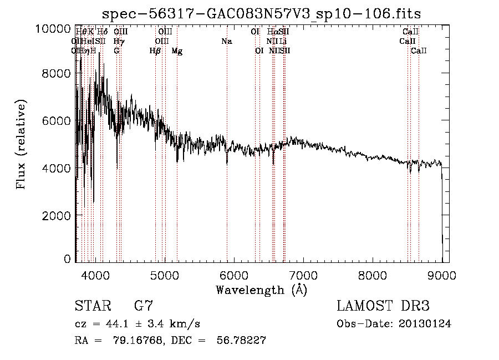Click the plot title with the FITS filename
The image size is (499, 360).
pyautogui.click(x=262, y=13)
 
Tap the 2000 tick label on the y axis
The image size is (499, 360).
pyautogui.click(x=57, y=215)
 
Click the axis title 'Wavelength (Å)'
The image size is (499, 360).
pyautogui.click(x=261, y=290)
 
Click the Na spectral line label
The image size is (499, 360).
pyautogui.click(x=226, y=42)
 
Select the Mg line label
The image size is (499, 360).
pyautogui.click(x=177, y=51)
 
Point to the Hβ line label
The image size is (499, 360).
pyautogui.click(x=155, y=51)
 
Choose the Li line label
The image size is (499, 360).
pyautogui.click(x=283, y=42)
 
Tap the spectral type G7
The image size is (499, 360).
pyautogui.click(x=144, y=306)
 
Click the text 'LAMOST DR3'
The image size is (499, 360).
pyautogui.click(x=383, y=306)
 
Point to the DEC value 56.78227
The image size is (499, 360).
pyautogui.click(x=240, y=341)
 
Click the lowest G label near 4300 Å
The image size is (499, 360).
pyautogui.click(x=117, y=51)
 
